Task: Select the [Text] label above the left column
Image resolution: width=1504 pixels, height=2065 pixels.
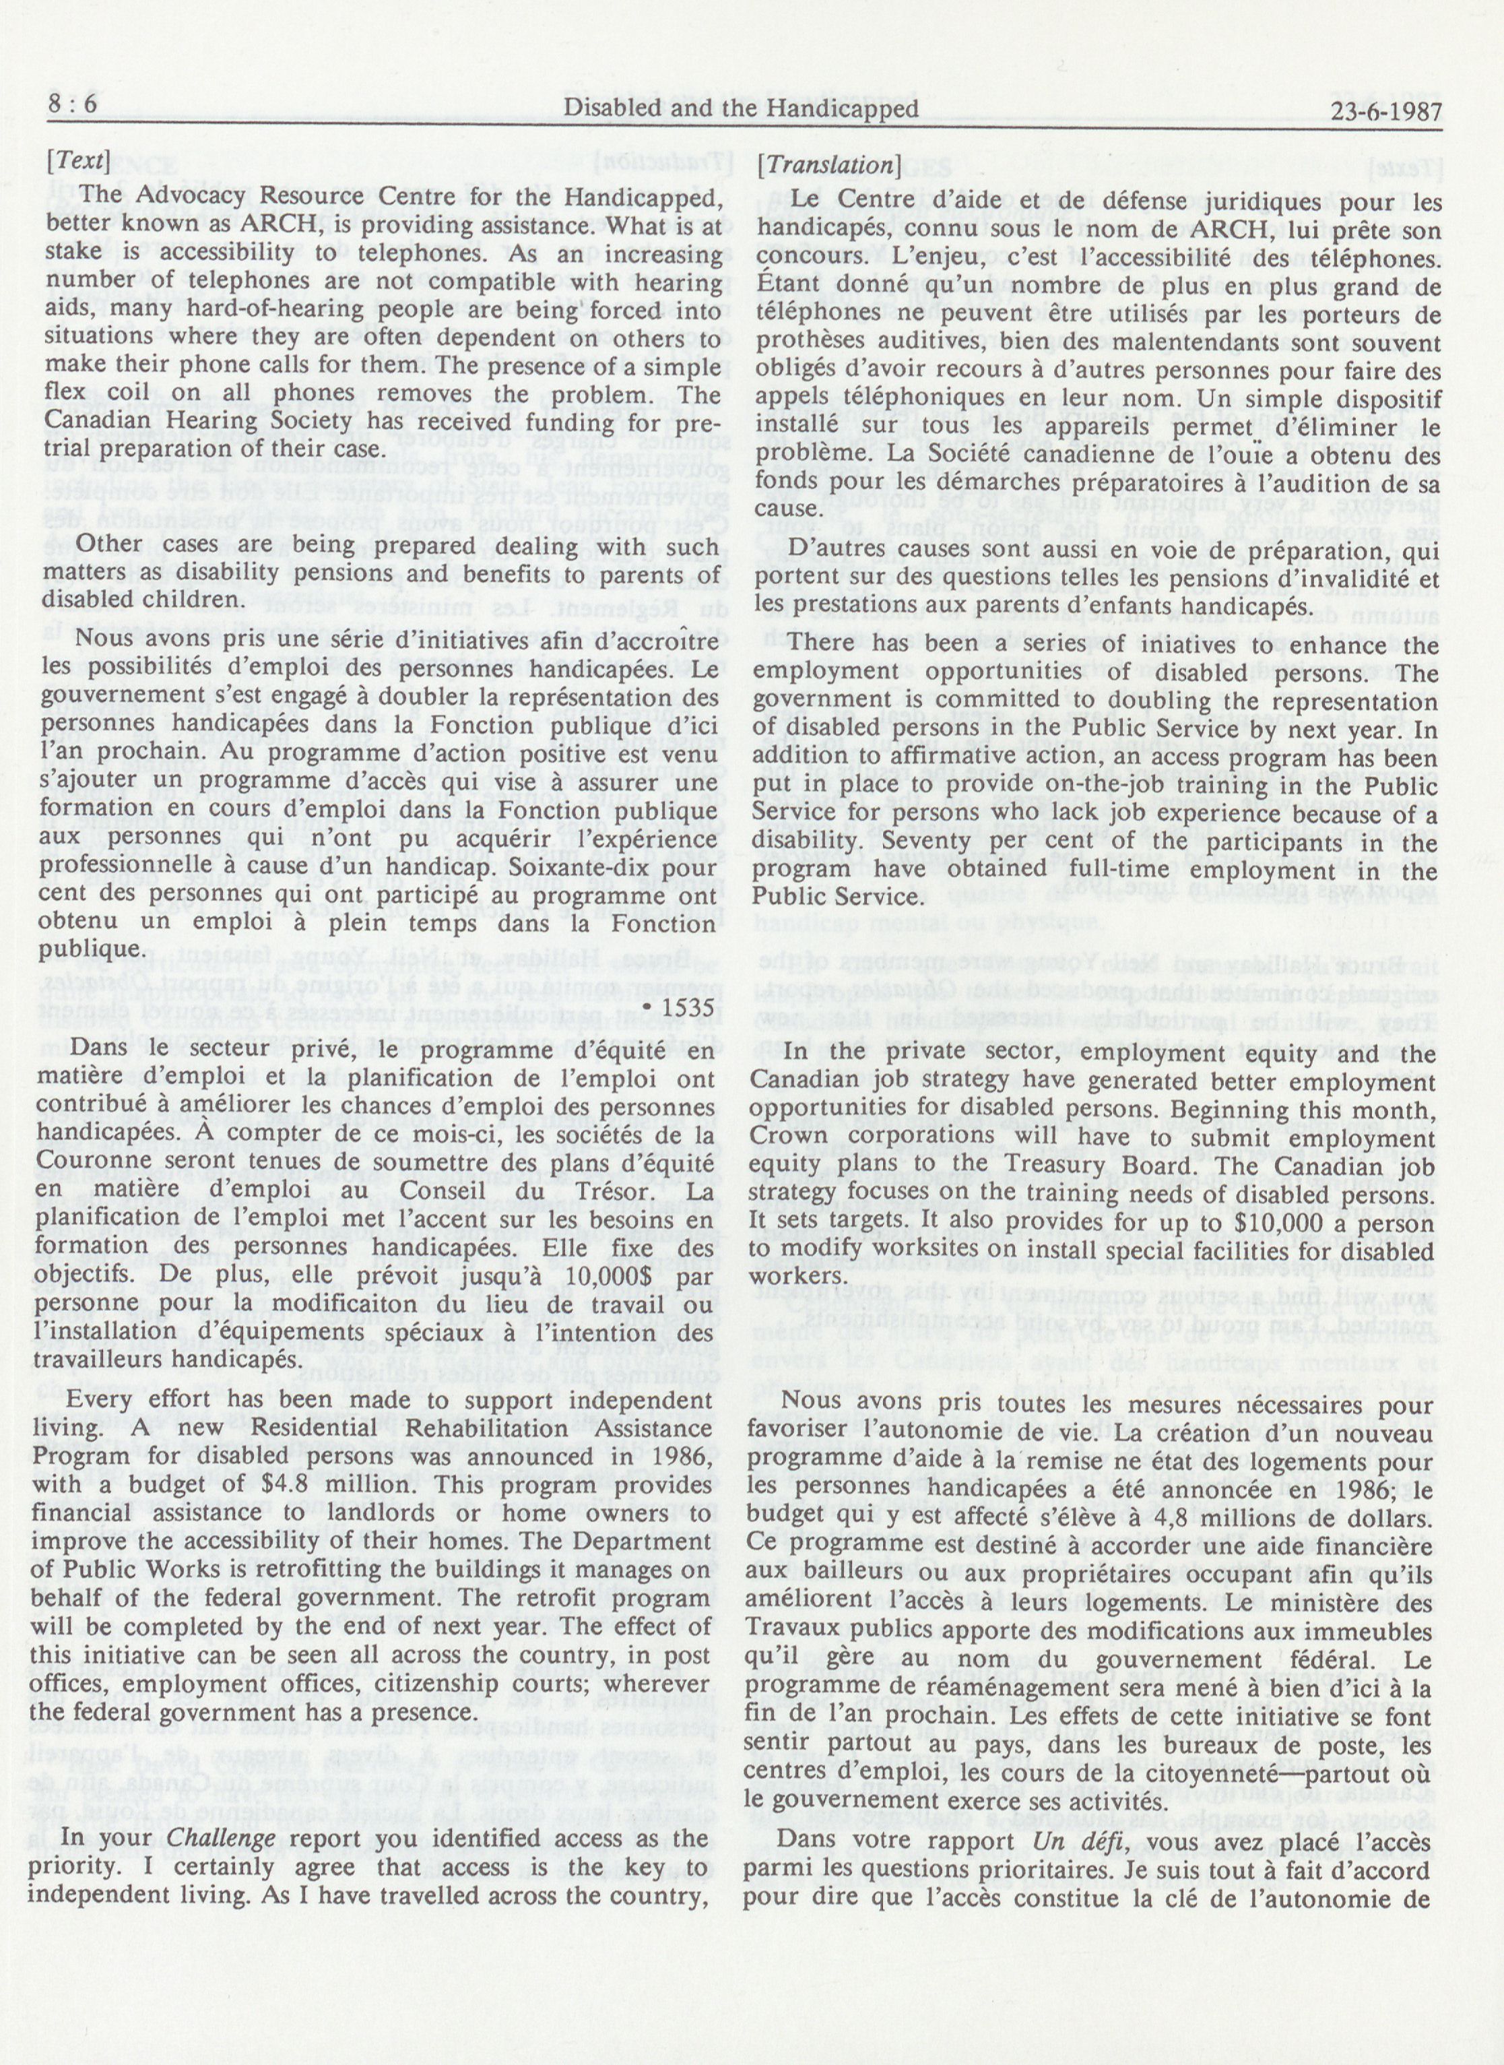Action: coord(79,165)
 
